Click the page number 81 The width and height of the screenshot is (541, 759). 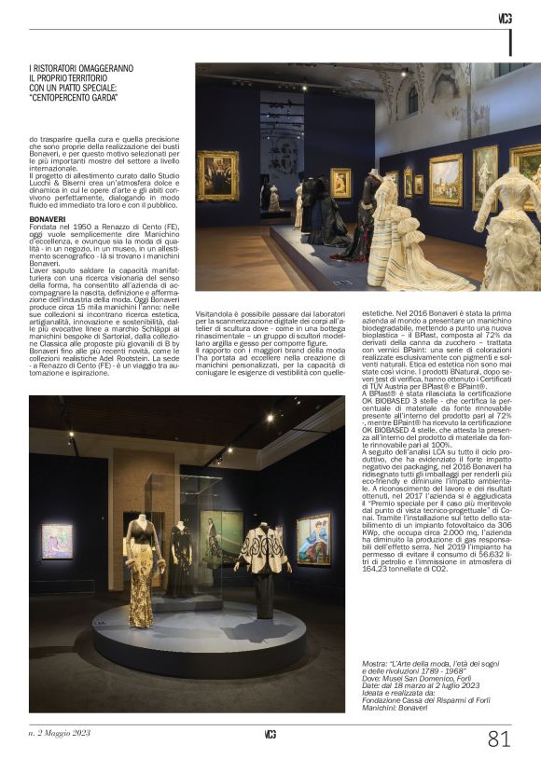(499, 738)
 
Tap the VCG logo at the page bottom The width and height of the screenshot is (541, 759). (270, 734)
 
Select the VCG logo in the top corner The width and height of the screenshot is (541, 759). (505, 19)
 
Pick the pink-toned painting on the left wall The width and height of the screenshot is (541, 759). (56, 542)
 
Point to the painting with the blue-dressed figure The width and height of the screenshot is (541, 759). (312, 539)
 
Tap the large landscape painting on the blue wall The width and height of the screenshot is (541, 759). (445, 179)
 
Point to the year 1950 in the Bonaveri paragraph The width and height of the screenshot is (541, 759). (90, 229)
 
